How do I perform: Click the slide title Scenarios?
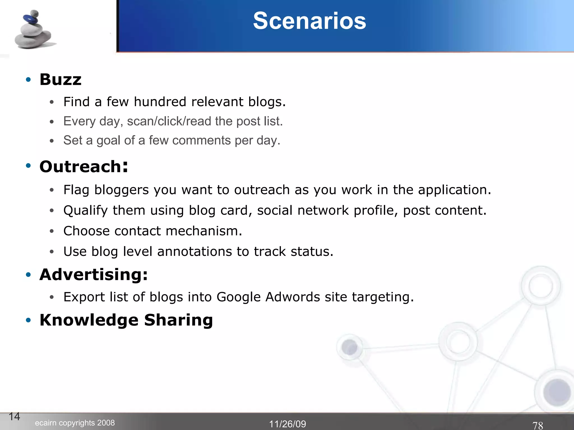coord(309,21)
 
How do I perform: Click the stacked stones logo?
coord(34,30)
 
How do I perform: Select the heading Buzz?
coord(60,80)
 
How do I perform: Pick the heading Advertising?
coord(93,274)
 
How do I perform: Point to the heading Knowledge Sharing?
coord(126,320)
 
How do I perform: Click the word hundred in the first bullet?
coord(160,102)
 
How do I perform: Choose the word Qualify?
coord(85,211)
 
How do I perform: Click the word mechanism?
coord(204,231)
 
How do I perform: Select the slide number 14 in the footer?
coord(14,417)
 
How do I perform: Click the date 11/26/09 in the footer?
coord(287,424)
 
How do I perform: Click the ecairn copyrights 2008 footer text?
coord(75,423)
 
